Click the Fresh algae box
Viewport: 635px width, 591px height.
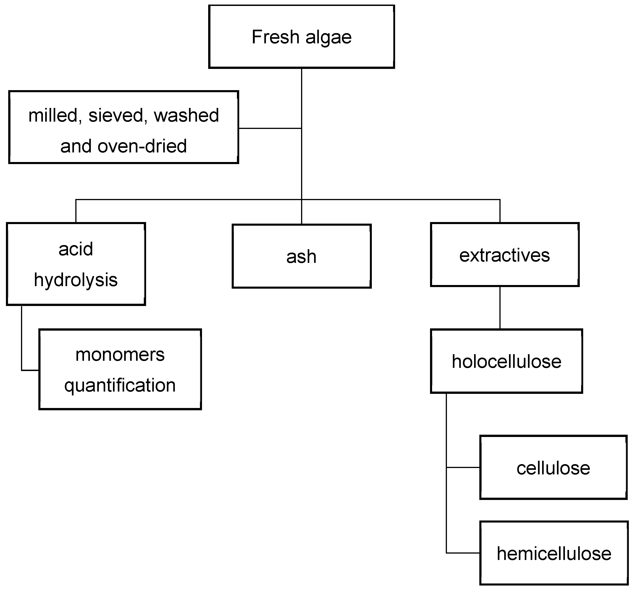(x=301, y=37)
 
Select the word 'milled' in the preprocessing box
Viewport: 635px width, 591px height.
(x=52, y=116)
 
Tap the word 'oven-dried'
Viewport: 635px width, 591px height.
(x=142, y=146)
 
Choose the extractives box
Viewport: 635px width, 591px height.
(x=504, y=255)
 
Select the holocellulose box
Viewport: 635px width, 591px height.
(x=506, y=361)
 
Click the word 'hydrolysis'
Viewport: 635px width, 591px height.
(x=76, y=280)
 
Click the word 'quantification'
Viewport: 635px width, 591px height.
(x=120, y=385)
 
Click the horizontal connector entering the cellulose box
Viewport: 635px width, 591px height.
(x=463, y=467)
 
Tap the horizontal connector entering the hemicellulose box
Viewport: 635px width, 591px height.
(x=463, y=553)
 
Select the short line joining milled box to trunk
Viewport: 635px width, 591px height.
(x=270, y=128)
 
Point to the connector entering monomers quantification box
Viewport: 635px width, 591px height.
(x=30, y=370)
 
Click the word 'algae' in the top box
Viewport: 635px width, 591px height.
(x=328, y=37)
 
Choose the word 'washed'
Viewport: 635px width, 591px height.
(x=186, y=116)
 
